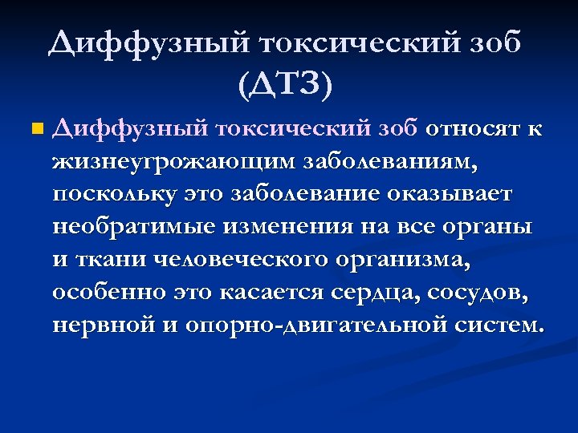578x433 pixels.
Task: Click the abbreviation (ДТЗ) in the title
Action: coord(285,83)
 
